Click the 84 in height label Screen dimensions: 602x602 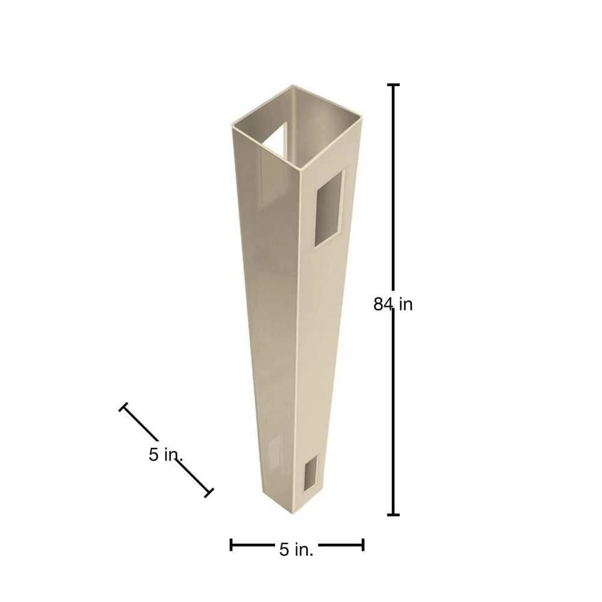pyautogui.click(x=393, y=305)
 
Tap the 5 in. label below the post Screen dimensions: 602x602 pyautogui.click(x=296, y=550)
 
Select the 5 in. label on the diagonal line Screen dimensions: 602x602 pyautogui.click(x=166, y=455)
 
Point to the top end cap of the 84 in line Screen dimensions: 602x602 pyautogui.click(x=393, y=85)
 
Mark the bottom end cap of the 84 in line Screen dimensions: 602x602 pyautogui.click(x=393, y=515)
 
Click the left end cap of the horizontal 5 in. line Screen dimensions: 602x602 pyautogui.click(x=231, y=544)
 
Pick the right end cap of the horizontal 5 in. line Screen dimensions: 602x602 pyautogui.click(x=363, y=544)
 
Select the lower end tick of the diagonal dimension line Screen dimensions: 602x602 pyautogui.click(x=209, y=493)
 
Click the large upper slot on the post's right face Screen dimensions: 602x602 pyautogui.click(x=329, y=208)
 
